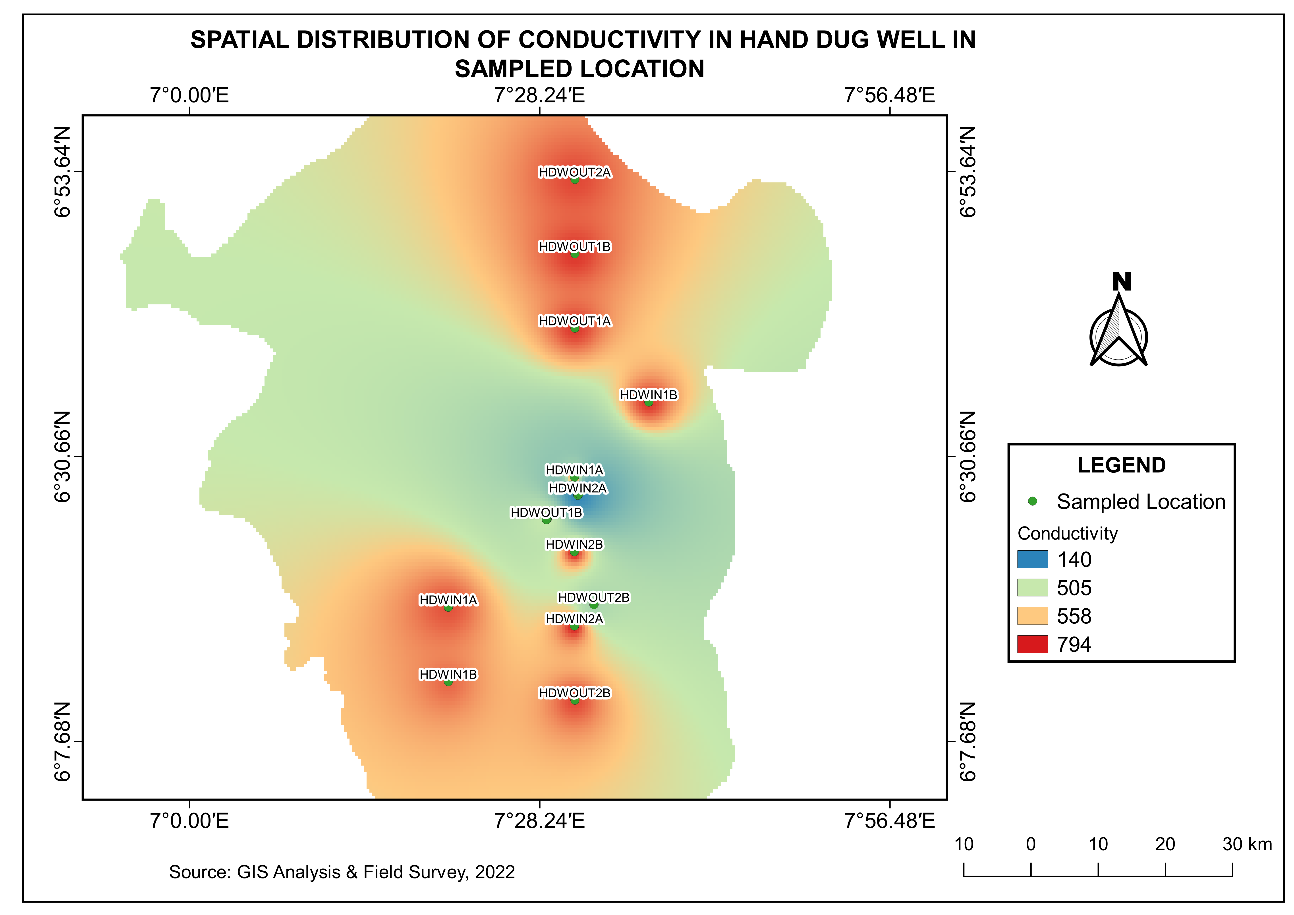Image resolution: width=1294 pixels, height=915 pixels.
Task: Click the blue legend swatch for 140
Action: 1032,559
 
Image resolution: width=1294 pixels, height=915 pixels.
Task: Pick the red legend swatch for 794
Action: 1032,644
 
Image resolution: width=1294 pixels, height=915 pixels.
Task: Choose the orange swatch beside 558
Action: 1032,616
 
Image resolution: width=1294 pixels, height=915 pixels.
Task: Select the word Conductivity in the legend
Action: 1067,533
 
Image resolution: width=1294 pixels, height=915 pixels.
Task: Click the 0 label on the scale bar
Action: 1031,844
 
